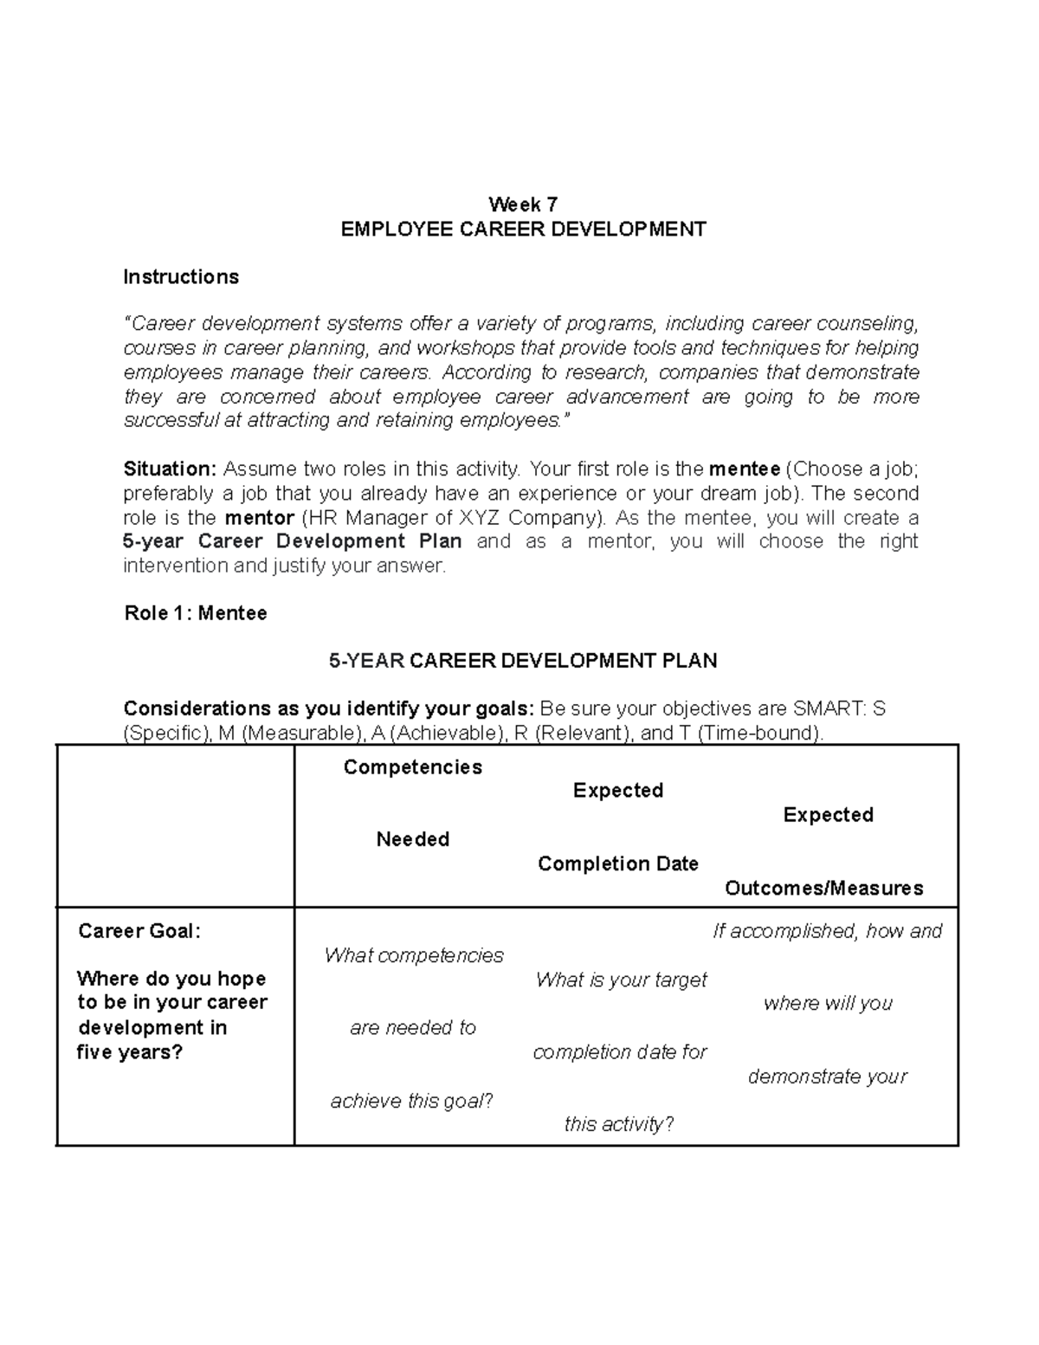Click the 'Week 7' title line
[523, 204]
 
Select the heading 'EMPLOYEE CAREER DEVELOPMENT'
[523, 229]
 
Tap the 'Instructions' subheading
[181, 277]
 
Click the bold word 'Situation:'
[170, 469]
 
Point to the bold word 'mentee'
[744, 469]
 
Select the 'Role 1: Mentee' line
[196, 613]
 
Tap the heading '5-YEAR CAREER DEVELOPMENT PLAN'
[523, 661]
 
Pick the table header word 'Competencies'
[413, 767]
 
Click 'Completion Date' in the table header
[617, 863]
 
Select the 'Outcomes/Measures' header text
[823, 888]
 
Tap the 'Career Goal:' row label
[139, 931]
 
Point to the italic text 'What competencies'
[413, 955]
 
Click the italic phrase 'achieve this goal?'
[411, 1101]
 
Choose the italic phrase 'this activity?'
[618, 1124]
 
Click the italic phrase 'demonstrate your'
[827, 1077]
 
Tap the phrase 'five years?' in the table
[130, 1052]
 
